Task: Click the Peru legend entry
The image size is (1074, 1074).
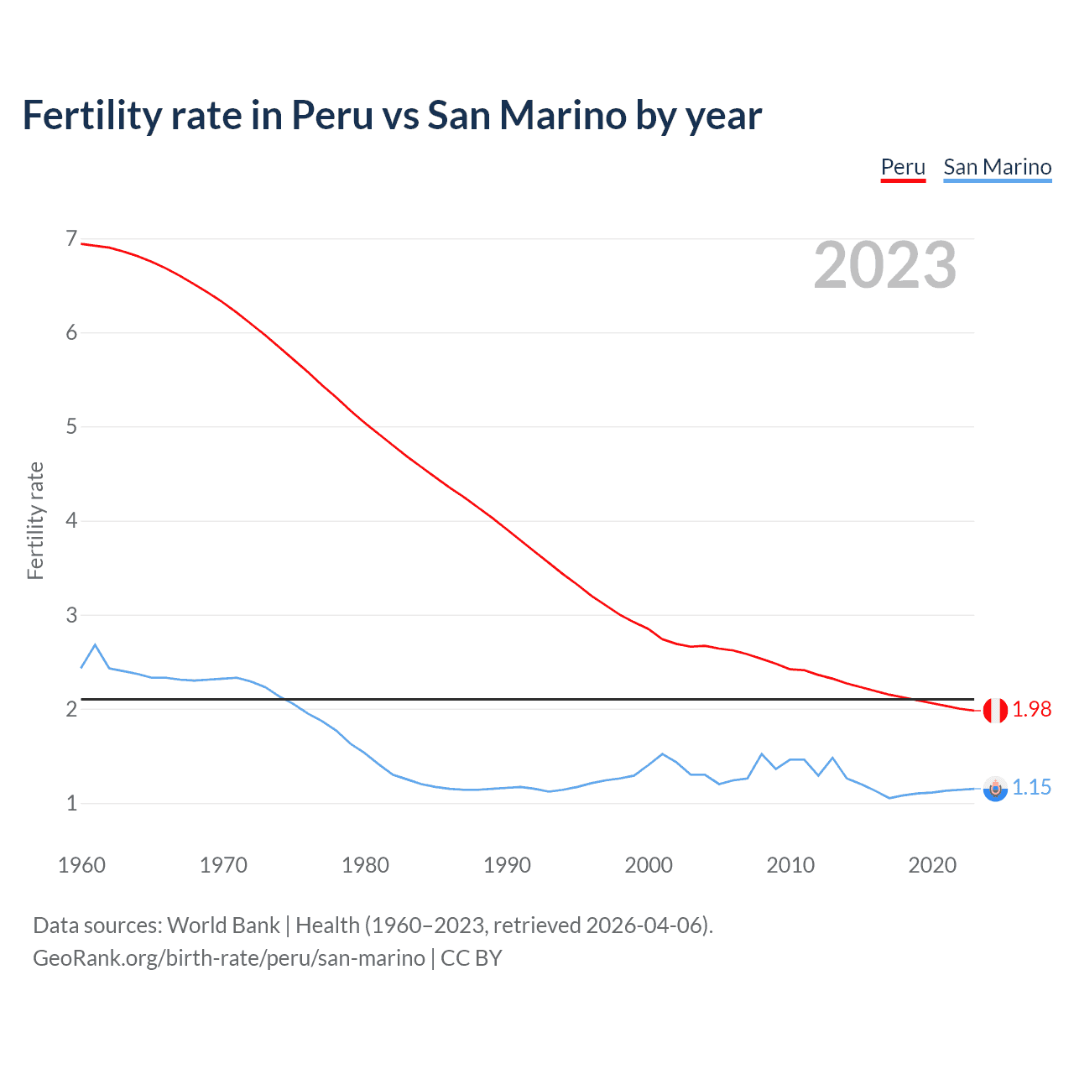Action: click(903, 167)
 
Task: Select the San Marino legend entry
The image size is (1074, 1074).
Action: click(997, 167)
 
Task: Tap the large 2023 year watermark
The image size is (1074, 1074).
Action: click(884, 265)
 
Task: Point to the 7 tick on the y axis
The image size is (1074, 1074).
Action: click(71, 239)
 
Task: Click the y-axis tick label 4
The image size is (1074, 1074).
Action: click(71, 520)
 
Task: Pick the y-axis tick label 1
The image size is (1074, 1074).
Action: click(71, 803)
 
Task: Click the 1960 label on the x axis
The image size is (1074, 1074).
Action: click(81, 865)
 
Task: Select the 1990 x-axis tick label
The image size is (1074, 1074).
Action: click(507, 865)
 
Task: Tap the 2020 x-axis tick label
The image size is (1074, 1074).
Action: click(932, 865)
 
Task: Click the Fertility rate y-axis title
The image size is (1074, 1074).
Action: click(35, 520)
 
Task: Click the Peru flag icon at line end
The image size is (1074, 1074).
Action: click(995, 710)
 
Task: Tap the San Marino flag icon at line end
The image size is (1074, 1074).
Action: click(995, 789)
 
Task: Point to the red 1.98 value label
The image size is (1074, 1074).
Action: click(1031, 710)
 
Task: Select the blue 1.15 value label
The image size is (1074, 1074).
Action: click(1031, 788)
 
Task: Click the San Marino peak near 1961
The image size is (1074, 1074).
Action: click(95, 644)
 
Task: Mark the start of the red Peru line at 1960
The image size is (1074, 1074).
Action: click(81, 243)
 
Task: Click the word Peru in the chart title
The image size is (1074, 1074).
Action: click(331, 115)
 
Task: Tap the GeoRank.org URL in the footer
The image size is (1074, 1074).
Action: click(228, 958)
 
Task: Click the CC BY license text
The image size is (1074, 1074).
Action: click(471, 958)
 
